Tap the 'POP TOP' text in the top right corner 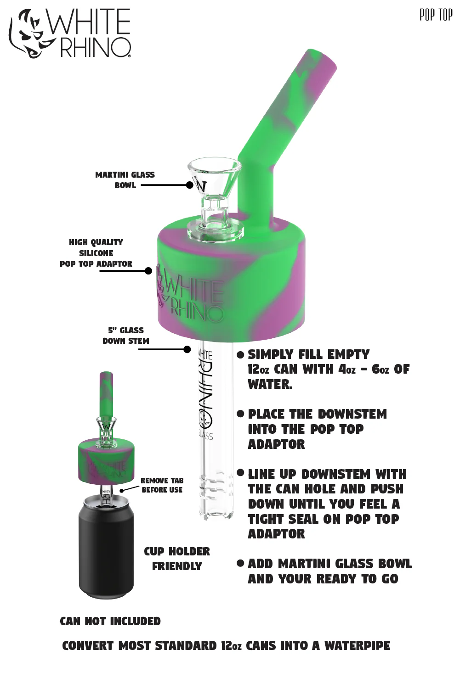pos(436,15)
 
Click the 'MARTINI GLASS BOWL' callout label pos(125,180)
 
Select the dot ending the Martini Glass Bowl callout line pos(190,185)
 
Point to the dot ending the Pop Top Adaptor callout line pos(148,271)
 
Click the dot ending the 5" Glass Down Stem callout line pos(187,349)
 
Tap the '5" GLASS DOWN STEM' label pos(126,336)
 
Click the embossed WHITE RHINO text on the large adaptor pos(190,297)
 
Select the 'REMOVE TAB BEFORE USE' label pos(162,485)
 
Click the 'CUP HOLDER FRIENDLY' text pos(177,559)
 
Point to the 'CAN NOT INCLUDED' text pos(110,621)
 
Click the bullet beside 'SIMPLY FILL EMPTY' pos(240,355)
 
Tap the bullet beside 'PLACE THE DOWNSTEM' pos(240,414)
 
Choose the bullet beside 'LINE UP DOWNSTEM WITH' pos(240,473)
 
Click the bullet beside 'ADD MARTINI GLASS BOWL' pos(240,563)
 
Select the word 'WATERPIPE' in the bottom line pos(357,646)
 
